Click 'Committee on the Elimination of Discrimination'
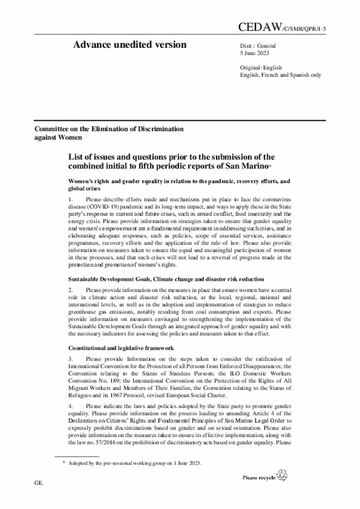click(x=109, y=129)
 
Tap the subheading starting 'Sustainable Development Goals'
click(x=165, y=279)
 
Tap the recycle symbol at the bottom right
click(x=282, y=477)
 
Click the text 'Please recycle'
click(x=258, y=478)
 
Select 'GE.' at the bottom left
click(x=39, y=483)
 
